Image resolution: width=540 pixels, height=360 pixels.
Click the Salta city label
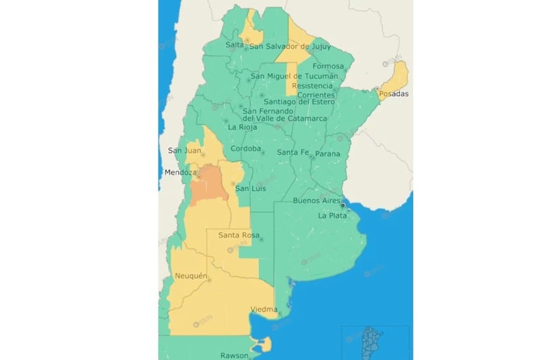[x=235, y=45]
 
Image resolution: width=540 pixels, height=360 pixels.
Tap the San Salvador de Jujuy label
[x=289, y=45]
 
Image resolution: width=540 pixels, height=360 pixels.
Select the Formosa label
[x=328, y=66]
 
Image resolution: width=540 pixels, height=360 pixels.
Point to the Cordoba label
[x=244, y=149]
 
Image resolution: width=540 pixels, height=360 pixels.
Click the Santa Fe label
[x=293, y=152]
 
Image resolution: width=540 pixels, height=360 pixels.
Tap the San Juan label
[x=181, y=150]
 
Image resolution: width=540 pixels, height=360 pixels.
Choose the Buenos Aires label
[x=316, y=200]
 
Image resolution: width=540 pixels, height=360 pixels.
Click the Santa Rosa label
[x=237, y=235]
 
